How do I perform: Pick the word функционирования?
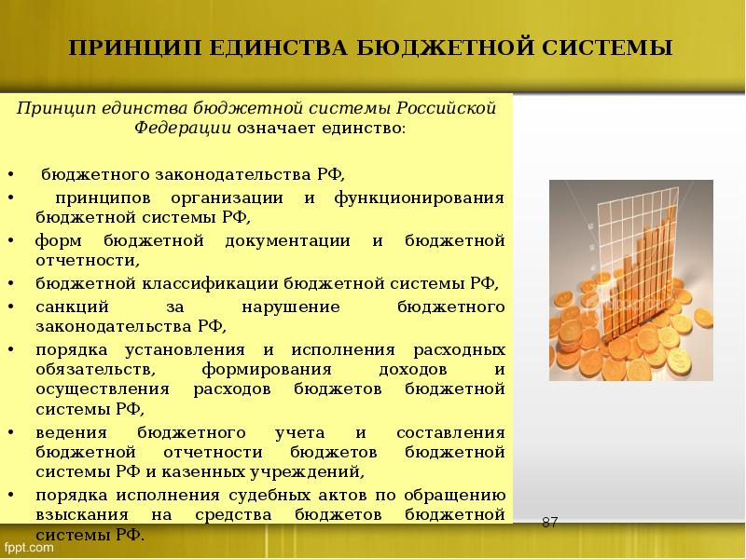426,198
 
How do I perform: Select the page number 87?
549,522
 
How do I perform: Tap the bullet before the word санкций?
10,307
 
